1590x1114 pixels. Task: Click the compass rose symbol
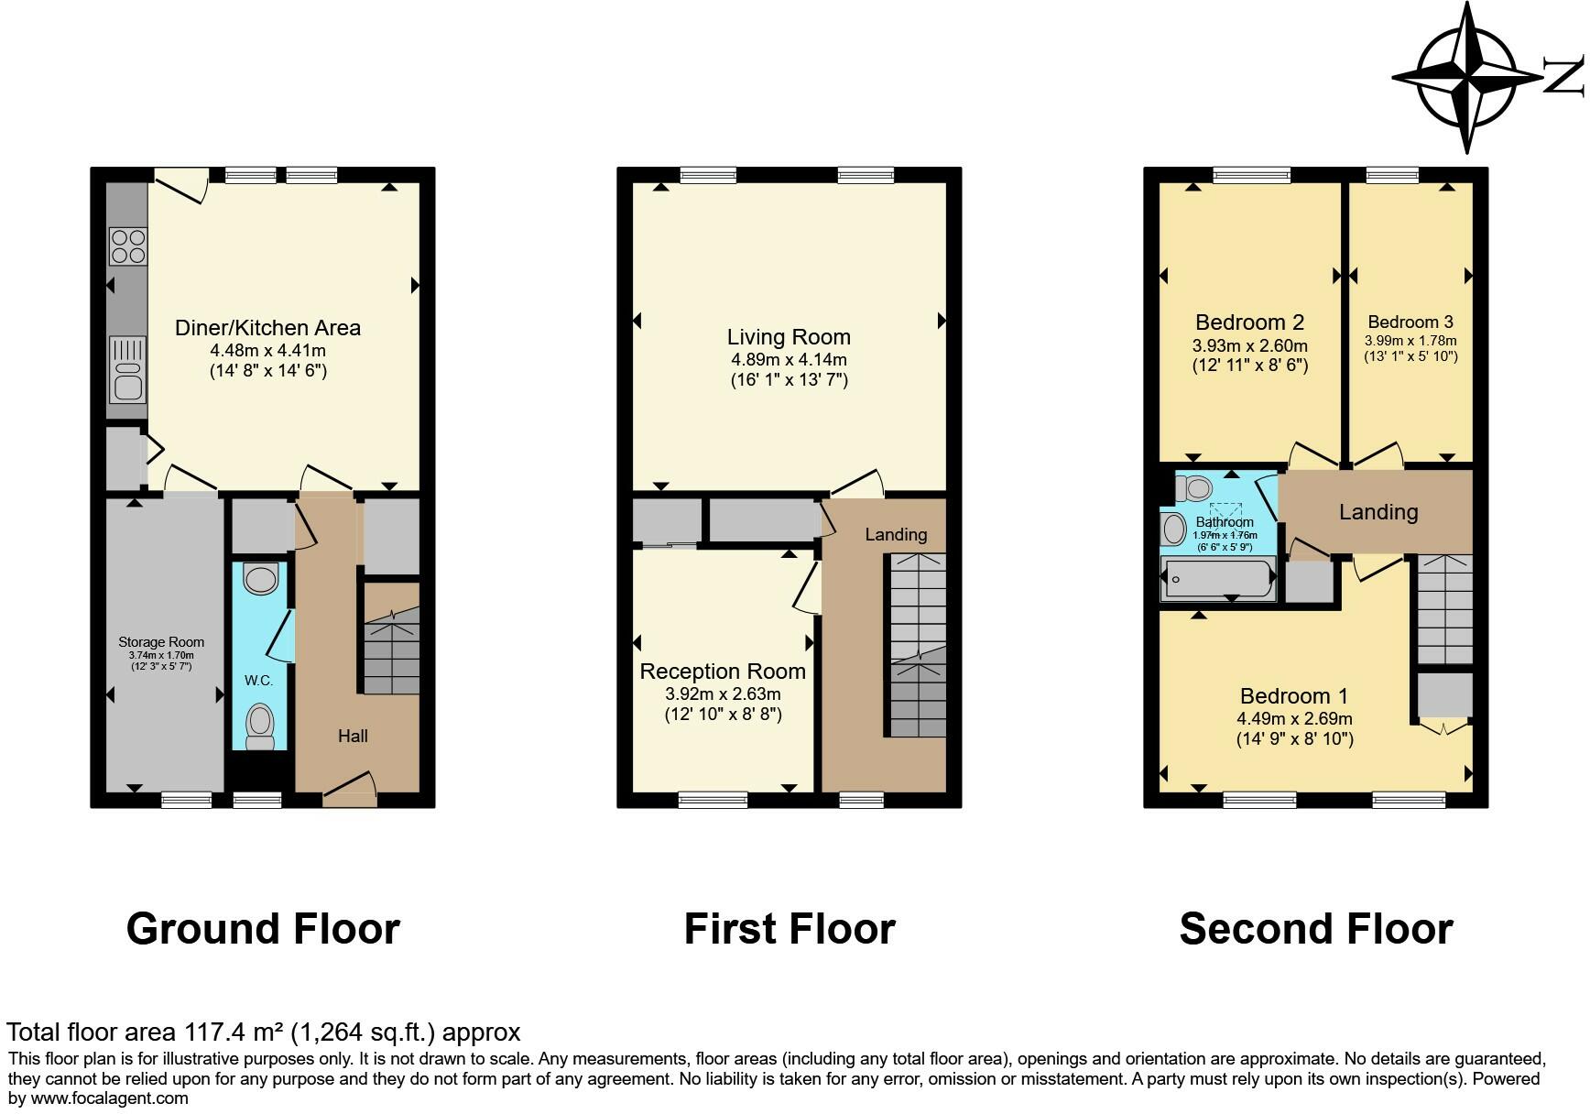pyautogui.click(x=1467, y=77)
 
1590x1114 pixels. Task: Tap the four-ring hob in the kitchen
pyautogui.click(x=128, y=246)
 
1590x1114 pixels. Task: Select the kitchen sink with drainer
pyautogui.click(x=127, y=370)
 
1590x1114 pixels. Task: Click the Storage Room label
pyautogui.click(x=161, y=642)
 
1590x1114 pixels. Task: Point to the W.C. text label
pyautogui.click(x=258, y=681)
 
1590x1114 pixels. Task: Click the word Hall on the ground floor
pyautogui.click(x=353, y=736)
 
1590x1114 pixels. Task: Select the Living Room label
pyautogui.click(x=789, y=337)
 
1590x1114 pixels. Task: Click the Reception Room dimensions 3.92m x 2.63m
pyautogui.click(x=723, y=694)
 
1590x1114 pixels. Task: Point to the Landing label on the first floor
pyautogui.click(x=896, y=534)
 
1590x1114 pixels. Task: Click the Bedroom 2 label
pyautogui.click(x=1249, y=322)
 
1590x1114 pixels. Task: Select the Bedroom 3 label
pyautogui.click(x=1410, y=322)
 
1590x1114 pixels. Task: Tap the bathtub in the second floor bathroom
pyautogui.click(x=1218, y=579)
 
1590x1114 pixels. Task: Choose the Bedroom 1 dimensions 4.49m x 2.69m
pyautogui.click(x=1294, y=719)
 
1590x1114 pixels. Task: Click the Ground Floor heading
pyautogui.click(x=263, y=929)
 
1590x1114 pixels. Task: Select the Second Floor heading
pyautogui.click(x=1315, y=929)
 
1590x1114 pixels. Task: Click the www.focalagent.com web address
pyautogui.click(x=110, y=1098)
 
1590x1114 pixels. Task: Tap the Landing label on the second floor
pyautogui.click(x=1378, y=512)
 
